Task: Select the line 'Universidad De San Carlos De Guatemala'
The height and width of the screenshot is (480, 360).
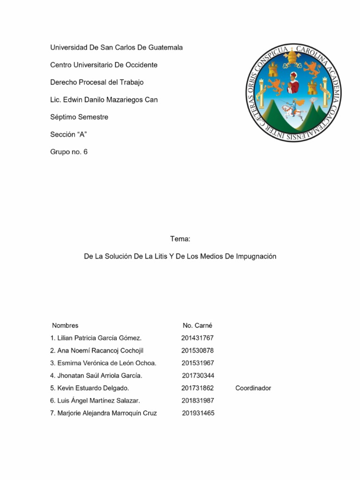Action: point(116,47)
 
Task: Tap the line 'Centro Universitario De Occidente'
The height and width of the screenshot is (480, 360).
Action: point(104,65)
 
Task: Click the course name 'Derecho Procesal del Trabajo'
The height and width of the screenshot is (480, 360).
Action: point(97,82)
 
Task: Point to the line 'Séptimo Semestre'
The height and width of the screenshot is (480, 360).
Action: point(79,117)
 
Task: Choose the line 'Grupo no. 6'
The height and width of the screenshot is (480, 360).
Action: point(68,151)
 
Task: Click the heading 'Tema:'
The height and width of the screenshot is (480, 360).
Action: point(180,239)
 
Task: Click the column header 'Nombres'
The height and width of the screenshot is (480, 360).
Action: point(65,325)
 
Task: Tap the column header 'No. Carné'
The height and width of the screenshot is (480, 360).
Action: point(197,325)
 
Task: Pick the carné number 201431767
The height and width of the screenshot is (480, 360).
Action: point(197,338)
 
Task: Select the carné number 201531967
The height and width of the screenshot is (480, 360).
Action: point(197,363)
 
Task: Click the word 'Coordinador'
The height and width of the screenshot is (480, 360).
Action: point(253,388)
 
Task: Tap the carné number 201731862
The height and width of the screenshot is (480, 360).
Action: point(197,388)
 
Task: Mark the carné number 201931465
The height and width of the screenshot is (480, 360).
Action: point(198,413)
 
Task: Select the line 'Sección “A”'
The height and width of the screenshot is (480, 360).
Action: point(69,134)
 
